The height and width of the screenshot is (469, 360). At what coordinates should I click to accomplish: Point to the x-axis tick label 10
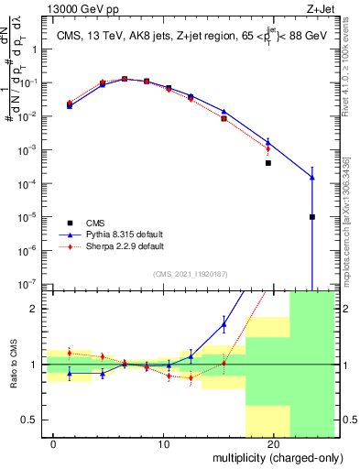164,444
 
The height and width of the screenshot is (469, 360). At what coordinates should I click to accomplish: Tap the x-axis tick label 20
274,444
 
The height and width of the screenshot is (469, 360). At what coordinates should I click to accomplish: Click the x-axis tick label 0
54,444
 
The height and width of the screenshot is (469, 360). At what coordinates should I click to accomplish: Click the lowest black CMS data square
312,217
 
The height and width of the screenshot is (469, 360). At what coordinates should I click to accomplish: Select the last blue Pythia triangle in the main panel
312,178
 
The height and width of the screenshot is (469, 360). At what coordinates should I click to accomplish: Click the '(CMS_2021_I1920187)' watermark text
190,273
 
